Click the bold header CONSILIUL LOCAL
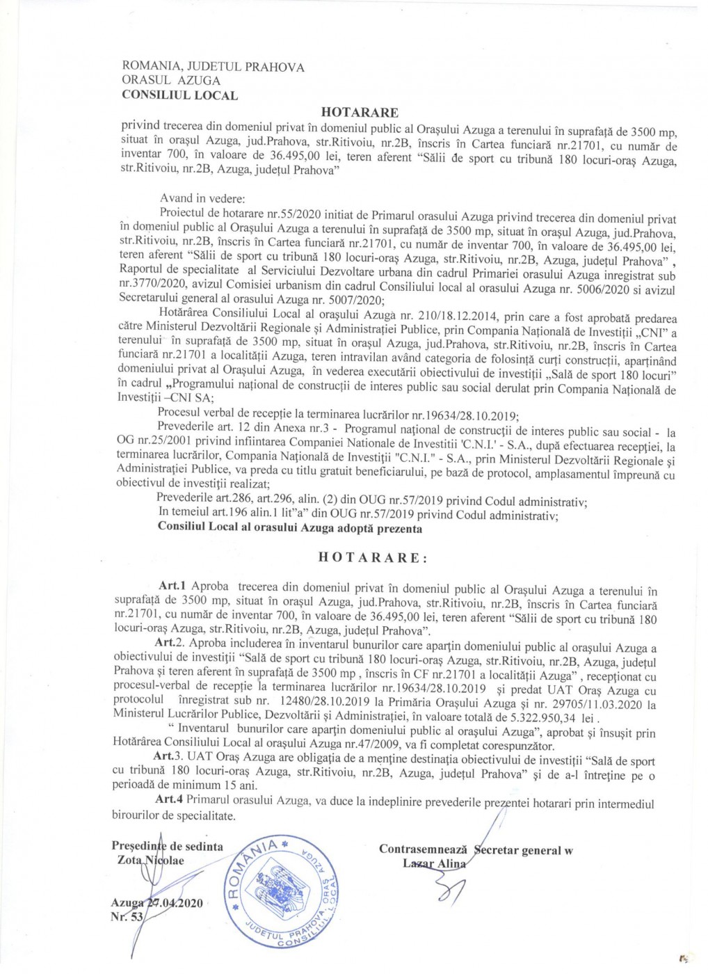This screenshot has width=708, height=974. (179, 95)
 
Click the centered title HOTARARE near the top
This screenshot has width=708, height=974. (360, 112)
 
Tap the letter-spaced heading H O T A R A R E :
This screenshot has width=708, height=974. (373, 558)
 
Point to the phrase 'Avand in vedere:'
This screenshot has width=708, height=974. (202, 198)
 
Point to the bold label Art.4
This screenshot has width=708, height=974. (168, 799)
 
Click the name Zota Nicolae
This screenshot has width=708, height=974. (151, 861)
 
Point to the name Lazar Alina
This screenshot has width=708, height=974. (435, 863)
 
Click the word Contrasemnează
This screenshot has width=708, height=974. (423, 849)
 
